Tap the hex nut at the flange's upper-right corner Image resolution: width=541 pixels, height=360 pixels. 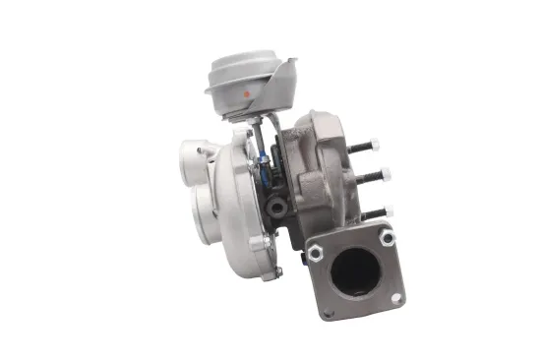coord(387,237)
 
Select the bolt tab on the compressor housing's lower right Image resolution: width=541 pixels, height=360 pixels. coord(259,242)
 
